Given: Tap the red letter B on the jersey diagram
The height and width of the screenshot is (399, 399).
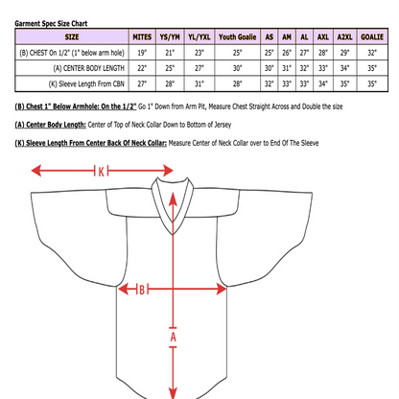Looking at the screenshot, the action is coord(140,288).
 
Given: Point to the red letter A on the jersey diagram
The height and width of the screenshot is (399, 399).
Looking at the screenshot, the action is coord(174,338).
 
